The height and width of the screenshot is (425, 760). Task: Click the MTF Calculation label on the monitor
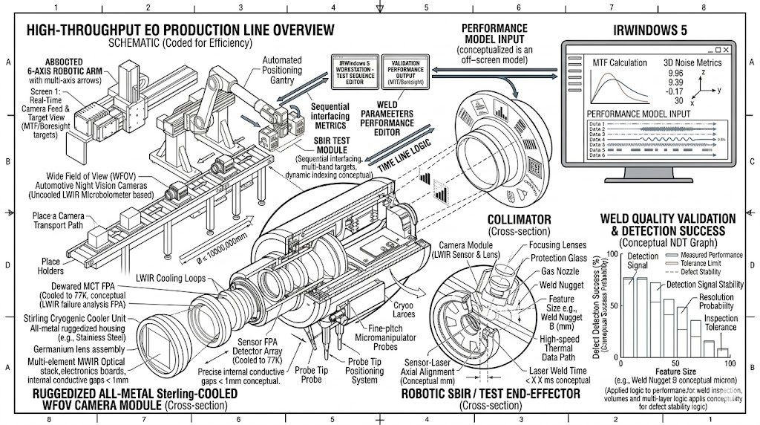pos(617,63)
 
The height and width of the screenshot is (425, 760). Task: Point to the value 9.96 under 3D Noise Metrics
pos(675,74)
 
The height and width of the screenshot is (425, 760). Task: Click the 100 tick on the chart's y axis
pos(612,254)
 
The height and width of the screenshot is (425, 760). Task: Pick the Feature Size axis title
pos(675,371)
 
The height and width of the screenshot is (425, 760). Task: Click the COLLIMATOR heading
pos(520,219)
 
